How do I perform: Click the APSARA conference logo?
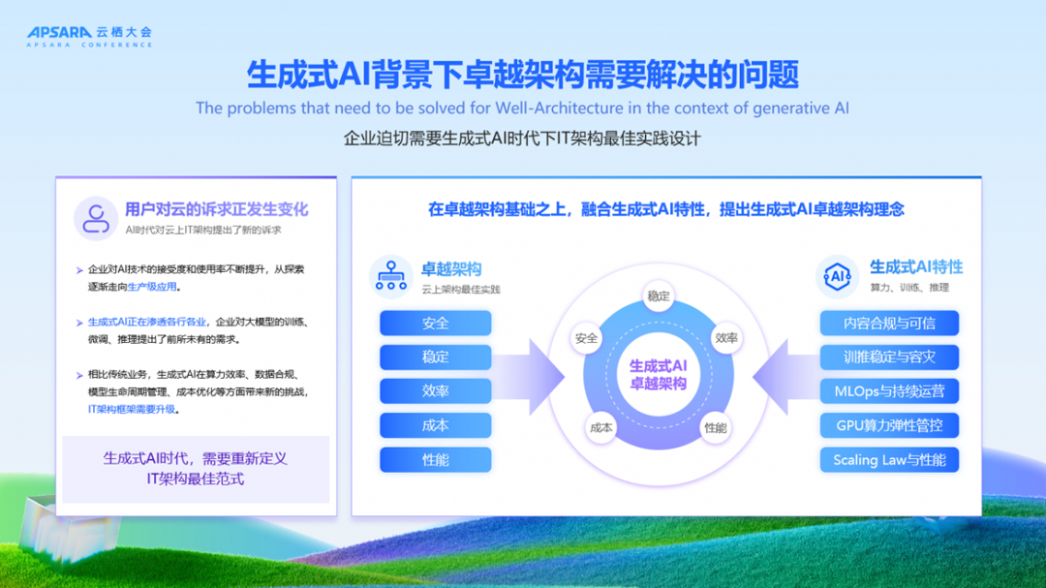pos(89,37)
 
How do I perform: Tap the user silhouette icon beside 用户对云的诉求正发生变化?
pos(96,218)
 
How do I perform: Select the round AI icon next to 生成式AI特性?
pos(837,276)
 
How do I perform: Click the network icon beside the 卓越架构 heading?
pos(391,276)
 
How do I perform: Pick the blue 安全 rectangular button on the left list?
pos(435,323)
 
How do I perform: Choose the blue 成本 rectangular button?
pos(435,425)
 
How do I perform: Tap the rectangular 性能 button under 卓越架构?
pos(435,459)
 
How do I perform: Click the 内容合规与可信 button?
pos(889,323)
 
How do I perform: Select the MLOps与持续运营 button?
pos(889,391)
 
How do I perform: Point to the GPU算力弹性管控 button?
pos(889,425)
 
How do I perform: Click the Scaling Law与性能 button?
pos(889,459)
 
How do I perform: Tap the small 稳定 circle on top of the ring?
pos(659,296)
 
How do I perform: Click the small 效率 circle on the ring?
pos(726,338)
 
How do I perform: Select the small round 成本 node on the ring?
pos(601,426)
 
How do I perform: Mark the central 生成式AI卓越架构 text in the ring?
pos(659,375)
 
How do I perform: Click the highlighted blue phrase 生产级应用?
pos(153,288)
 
